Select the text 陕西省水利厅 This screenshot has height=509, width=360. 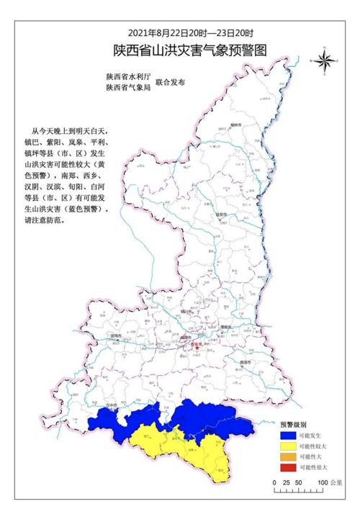[127, 76]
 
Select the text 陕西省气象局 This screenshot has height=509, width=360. [127, 87]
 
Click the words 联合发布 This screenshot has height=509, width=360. [171, 81]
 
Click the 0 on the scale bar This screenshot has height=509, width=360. [276, 481]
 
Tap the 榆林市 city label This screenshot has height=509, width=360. [234, 125]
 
